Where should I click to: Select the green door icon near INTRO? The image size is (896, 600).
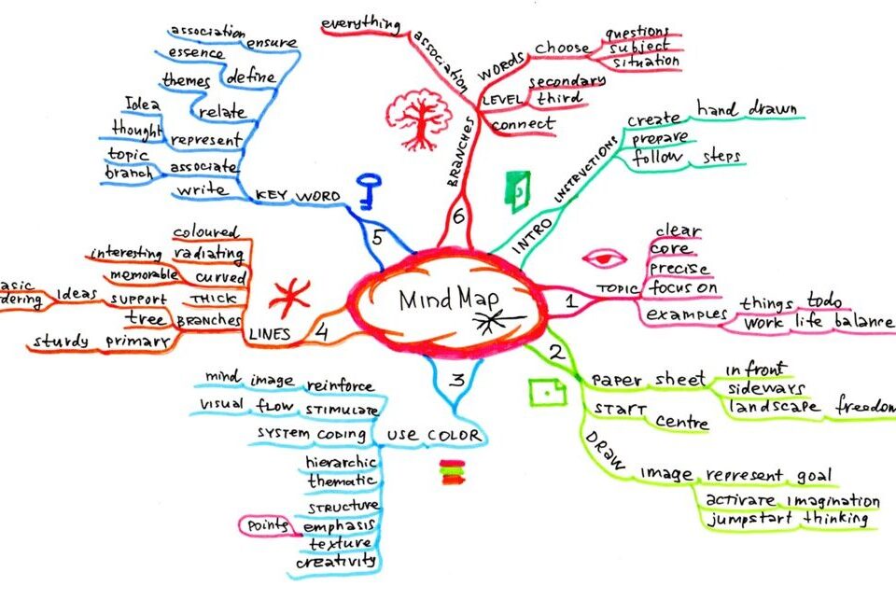(x=516, y=188)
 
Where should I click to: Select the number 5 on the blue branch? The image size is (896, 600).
(x=377, y=238)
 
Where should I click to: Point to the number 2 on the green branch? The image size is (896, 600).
(x=556, y=353)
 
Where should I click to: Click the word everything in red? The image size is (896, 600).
(x=360, y=23)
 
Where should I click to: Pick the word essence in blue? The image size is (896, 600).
(x=195, y=54)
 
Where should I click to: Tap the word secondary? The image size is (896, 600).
(x=567, y=81)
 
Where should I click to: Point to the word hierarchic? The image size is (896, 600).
(x=341, y=462)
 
